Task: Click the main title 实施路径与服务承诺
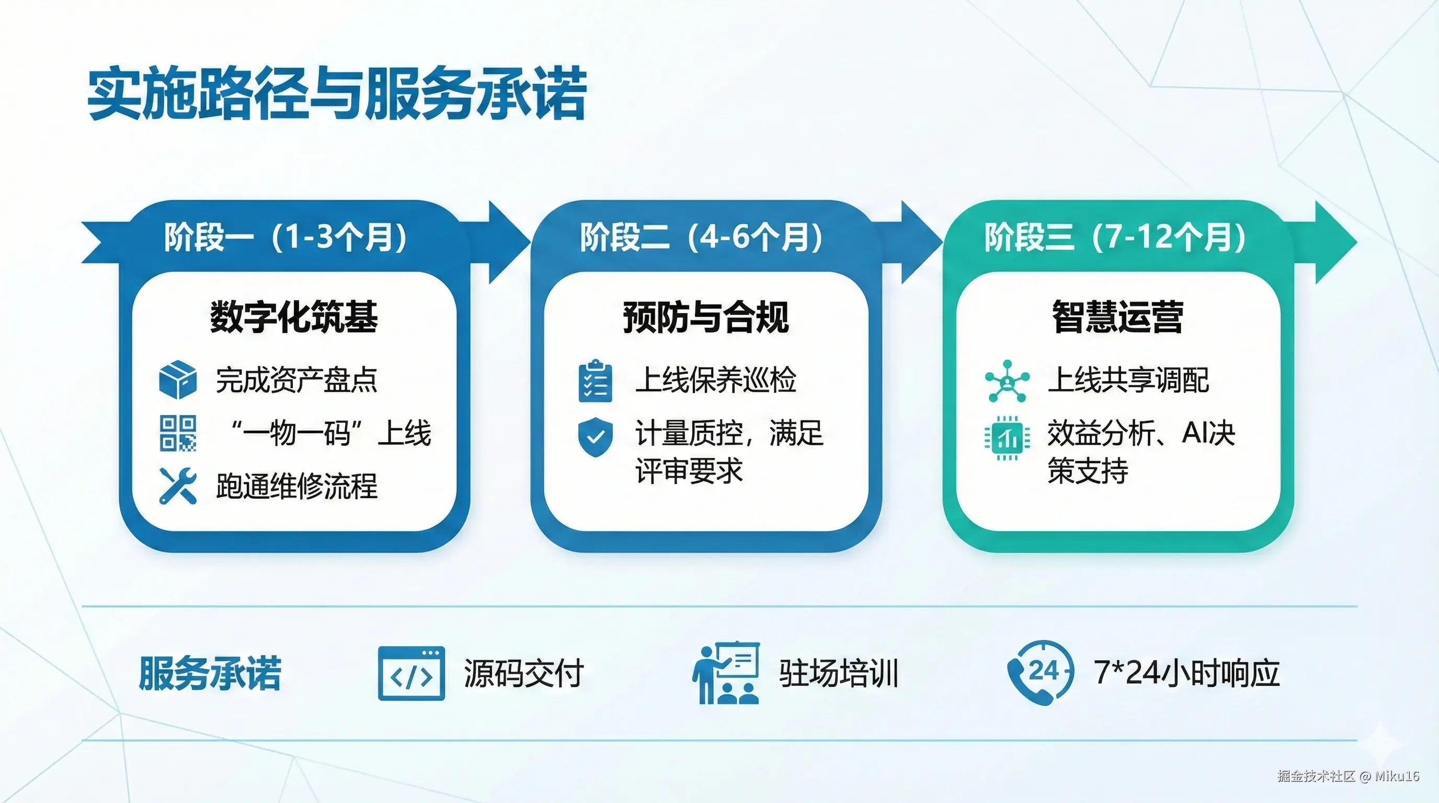337,93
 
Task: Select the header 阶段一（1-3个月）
285,237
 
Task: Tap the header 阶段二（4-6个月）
701,237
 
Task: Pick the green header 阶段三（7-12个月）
1115,237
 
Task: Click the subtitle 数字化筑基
294,317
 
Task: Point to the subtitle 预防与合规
706,317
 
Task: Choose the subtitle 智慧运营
1118,317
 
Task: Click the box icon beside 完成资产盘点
178,380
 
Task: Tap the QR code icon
178,433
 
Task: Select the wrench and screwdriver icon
178,486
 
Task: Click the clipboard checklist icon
595,381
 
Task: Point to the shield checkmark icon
595,436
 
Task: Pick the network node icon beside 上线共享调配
1007,381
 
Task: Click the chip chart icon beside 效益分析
1007,438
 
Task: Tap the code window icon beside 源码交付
411,673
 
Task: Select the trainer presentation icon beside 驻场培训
726,672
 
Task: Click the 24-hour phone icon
1040,672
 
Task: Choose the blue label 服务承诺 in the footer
210,673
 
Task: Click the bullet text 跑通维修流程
296,486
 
